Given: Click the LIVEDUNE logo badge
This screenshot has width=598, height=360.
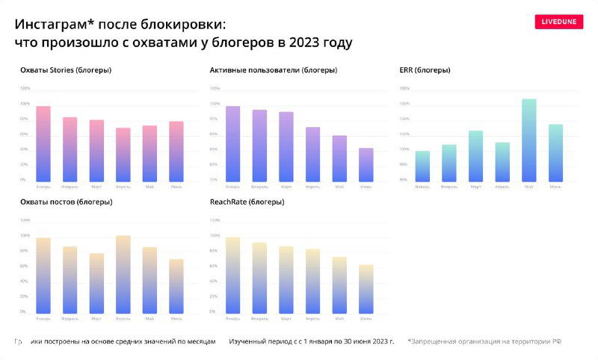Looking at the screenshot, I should point(559,22).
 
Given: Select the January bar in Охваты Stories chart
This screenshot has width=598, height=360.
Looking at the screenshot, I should point(43,143).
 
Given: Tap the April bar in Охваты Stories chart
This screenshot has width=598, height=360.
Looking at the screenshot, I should point(123,155).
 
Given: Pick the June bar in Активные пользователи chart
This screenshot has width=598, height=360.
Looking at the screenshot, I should point(366,164).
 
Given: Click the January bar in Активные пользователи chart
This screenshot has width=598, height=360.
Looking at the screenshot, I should point(233,143).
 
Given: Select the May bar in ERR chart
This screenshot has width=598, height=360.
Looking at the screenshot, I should point(529,140).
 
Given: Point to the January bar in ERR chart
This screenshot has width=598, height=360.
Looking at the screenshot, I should point(422,166).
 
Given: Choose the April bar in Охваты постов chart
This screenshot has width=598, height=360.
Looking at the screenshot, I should point(123,274).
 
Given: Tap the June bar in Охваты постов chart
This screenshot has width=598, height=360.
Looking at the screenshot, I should point(176,286).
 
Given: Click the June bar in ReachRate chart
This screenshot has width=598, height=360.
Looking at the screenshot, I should point(366,288).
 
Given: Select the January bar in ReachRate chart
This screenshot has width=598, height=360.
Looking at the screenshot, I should point(233,275).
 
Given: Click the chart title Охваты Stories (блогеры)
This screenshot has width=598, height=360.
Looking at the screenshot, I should point(67,70).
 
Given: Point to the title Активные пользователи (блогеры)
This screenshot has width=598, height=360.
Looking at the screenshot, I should point(274,70).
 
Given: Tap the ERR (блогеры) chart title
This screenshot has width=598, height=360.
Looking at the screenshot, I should point(425,70).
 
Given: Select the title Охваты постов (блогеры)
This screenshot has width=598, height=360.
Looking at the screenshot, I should point(67,202).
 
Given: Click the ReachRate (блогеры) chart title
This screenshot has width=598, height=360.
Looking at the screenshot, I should point(247,202).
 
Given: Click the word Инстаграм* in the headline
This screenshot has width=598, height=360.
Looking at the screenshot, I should point(52,25).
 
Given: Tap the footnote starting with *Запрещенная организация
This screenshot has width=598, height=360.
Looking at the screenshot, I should point(484,341).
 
